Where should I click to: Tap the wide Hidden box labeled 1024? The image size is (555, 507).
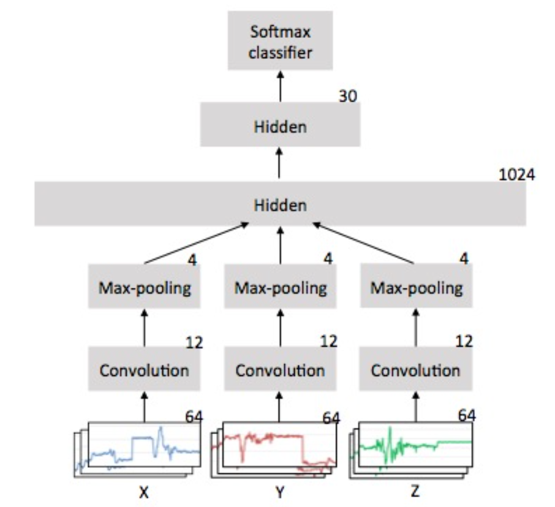(280, 204)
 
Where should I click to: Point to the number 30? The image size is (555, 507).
(347, 97)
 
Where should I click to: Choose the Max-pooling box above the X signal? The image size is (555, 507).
(145, 287)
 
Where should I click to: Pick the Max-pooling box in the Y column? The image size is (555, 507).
(280, 287)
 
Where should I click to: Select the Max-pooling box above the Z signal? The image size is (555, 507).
(416, 287)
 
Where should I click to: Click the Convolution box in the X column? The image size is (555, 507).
(145, 370)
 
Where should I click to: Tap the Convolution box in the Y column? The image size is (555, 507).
(280, 370)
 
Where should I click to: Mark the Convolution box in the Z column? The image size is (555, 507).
(416, 370)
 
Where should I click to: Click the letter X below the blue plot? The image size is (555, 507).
(144, 491)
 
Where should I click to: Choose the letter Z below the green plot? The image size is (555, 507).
(416, 491)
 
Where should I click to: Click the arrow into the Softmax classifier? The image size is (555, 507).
(280, 85)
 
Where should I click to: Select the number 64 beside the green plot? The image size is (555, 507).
(467, 415)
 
